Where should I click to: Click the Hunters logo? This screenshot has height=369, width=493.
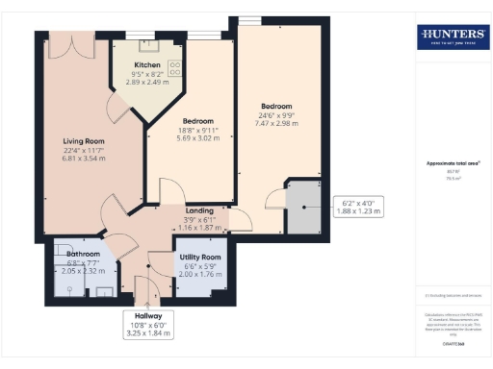click(453, 37)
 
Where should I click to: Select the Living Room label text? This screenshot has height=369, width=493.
click(84, 141)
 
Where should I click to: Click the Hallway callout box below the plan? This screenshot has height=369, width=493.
click(148, 323)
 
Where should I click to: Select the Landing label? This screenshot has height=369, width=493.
click(199, 210)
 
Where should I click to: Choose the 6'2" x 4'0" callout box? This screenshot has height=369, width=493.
click(363, 207)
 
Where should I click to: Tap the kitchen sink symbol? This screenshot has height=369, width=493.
click(148, 44)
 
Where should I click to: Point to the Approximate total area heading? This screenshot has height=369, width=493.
click(453, 163)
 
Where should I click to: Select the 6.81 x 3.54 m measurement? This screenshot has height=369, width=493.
click(84, 158)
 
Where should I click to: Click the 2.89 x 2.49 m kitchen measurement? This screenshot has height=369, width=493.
click(147, 82)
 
